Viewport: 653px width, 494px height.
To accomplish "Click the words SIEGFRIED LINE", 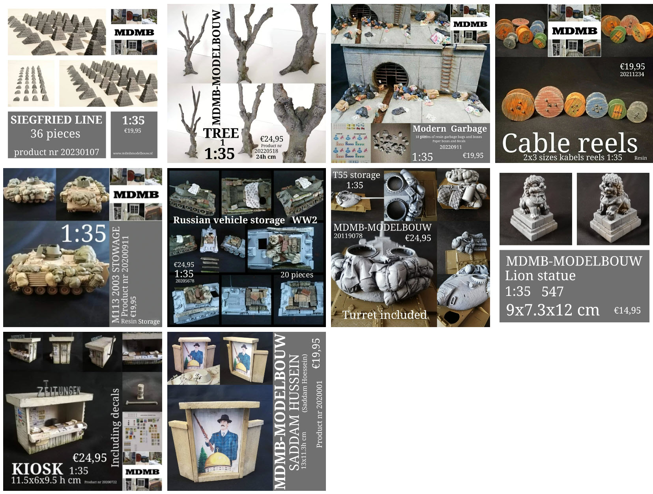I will coord(56,120).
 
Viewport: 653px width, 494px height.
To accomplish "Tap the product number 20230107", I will coord(57,152).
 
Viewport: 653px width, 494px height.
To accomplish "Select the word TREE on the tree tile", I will coord(221,133).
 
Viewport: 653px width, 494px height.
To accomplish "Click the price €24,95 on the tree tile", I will coord(271,138).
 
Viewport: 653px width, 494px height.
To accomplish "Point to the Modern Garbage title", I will coord(449,129).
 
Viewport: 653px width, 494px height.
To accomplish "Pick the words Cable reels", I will coord(569,143).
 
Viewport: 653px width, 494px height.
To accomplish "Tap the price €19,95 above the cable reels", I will coord(632,66).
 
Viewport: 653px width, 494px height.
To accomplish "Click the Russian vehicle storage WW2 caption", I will coord(245,220).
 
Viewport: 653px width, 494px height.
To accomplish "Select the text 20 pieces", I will coord(297,275).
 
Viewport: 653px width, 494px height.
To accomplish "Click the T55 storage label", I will coord(356,175).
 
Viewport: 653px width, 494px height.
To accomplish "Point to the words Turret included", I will coord(384,314).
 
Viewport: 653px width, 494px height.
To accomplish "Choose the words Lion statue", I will coord(540,275).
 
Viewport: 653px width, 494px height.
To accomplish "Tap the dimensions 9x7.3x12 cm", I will coord(552,310).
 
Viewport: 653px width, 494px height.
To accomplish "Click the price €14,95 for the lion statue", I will coord(627,311).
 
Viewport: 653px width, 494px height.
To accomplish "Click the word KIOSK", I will coord(37,469).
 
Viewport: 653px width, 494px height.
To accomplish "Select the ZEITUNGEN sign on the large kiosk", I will coord(59,391).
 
